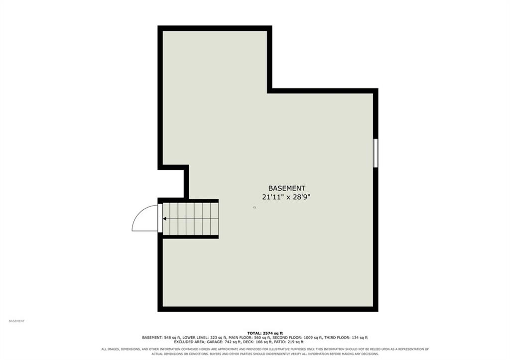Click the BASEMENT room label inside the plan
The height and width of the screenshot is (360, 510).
286,188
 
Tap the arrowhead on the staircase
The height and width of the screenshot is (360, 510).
165,219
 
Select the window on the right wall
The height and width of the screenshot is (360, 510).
376,153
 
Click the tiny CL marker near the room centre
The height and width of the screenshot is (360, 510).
255,207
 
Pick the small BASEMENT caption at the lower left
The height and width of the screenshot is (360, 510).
16,321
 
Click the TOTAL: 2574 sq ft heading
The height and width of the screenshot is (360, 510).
265,333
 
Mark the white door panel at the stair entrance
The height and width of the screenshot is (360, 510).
160,218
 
